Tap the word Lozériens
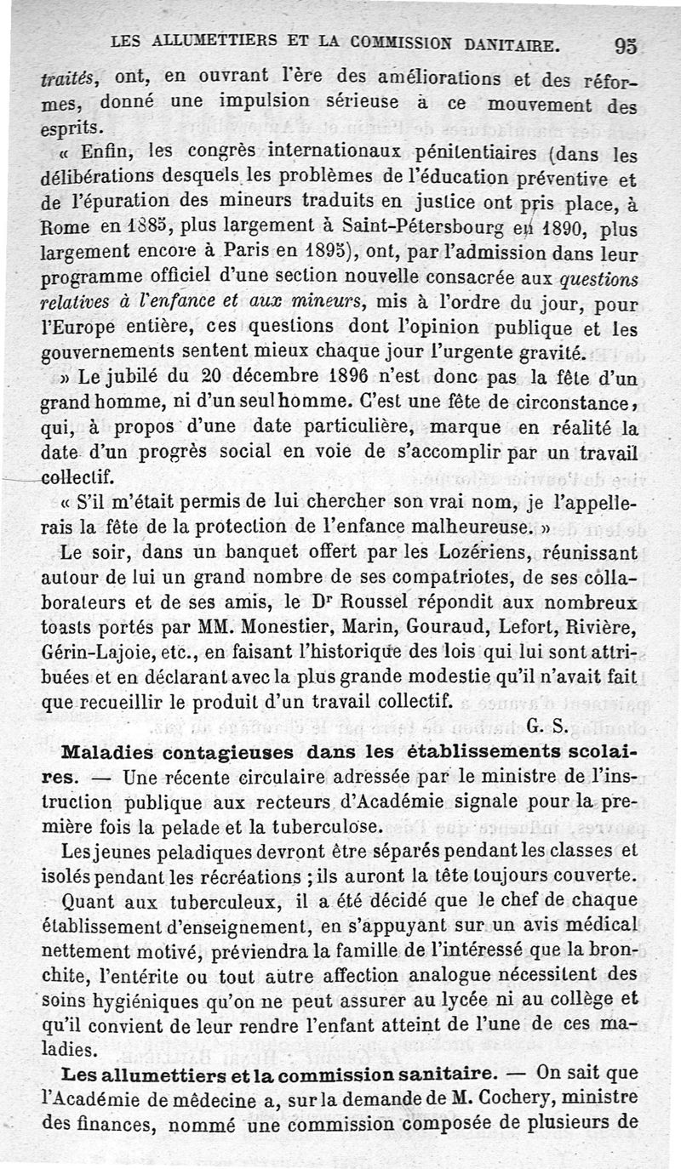[x=454, y=553]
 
